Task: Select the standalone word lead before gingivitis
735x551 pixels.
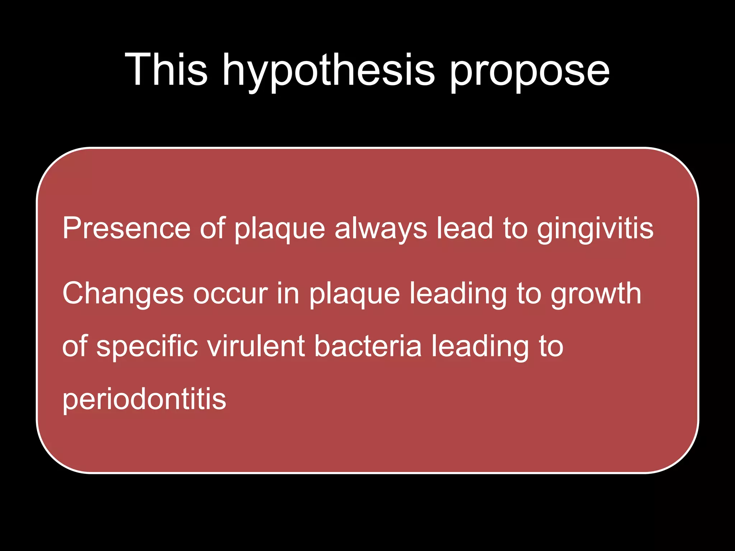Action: coord(465,228)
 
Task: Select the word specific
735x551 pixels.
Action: coord(147,347)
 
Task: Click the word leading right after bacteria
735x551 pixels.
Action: coord(479,347)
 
